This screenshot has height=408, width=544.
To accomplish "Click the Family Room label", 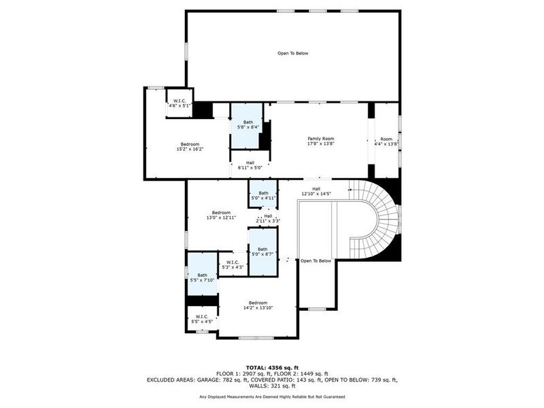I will pos(321,141).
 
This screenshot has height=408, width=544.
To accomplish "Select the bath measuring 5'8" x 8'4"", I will pos(248,125).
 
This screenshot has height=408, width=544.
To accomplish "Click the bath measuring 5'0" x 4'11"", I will pos(262,196).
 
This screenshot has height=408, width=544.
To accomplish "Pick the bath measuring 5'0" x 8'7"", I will pos(262,252).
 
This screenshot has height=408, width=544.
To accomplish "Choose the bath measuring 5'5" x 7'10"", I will pos(203,277).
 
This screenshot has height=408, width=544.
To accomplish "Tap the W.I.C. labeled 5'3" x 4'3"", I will pos(233,265).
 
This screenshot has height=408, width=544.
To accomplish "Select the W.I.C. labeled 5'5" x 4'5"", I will pos(202,318).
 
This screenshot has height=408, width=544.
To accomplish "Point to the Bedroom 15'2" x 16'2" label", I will pos(190,146).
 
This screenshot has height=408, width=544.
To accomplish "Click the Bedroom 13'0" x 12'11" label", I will pos(221,215).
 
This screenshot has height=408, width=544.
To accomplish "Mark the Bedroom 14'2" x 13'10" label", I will pos(258,305).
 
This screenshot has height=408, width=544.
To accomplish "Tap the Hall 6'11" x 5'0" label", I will pos(250,165).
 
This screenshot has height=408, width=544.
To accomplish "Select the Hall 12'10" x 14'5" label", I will pos(316,191).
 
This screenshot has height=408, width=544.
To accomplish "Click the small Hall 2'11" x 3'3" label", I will pos(268,218).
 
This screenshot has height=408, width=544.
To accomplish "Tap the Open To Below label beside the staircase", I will pos(316,260).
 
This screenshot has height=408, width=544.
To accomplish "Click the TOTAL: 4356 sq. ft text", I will pos(272,367).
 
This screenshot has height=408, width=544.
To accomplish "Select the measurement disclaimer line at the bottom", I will pos(272,396).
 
